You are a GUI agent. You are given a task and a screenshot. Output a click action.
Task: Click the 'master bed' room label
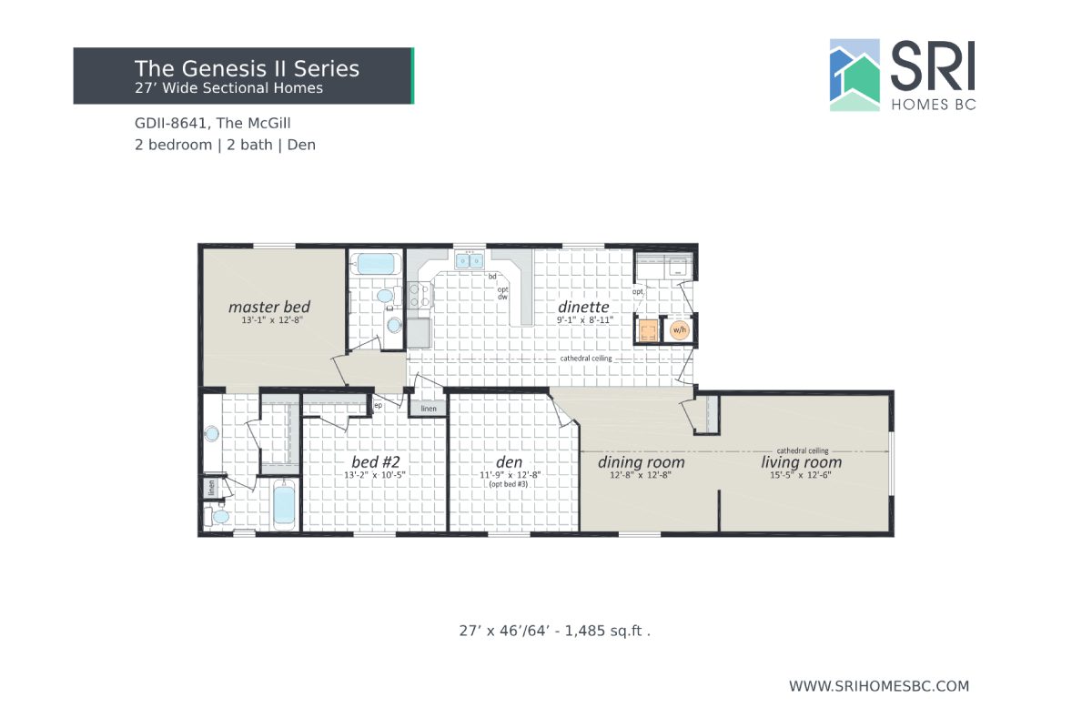269,307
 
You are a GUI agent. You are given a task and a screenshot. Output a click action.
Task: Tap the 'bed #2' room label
374,460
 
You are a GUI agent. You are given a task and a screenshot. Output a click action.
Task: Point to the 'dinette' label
583,307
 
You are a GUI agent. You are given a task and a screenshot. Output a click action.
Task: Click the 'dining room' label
641,462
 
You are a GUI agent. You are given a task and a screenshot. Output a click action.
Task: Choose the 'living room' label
801,462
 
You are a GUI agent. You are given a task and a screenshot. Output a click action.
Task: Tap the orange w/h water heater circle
679,330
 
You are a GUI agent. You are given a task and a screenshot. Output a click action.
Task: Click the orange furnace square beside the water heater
649,330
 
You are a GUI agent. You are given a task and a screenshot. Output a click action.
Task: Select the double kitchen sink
470,261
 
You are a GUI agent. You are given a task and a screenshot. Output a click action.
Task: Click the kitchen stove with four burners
420,294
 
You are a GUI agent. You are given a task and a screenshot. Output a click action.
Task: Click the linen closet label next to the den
429,409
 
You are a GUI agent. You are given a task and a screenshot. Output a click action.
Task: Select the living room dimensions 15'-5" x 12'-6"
801,475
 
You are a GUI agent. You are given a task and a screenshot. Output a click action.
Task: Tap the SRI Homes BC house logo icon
854,75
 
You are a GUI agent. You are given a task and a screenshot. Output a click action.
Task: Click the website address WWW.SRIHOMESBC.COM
878,686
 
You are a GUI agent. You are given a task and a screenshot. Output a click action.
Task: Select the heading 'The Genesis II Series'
247,68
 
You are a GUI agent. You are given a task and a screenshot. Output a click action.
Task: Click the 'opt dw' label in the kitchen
501,293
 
